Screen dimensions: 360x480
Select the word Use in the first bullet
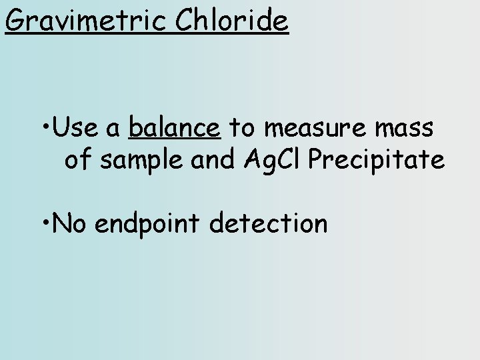pos(76,127)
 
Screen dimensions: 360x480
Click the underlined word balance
pos(175,127)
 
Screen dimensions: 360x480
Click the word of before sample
pos(78,160)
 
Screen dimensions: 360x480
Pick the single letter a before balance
pos(114,129)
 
